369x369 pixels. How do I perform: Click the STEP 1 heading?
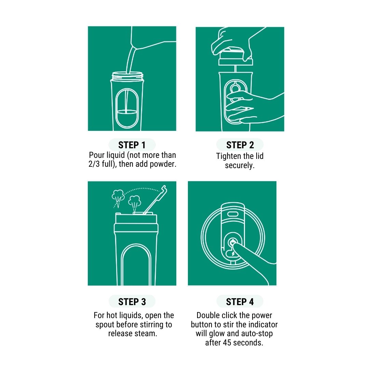click(x=132, y=145)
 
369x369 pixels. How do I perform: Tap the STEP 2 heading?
click(x=240, y=145)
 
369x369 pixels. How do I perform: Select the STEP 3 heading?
click(x=132, y=302)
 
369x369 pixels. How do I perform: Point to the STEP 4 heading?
click(x=240, y=302)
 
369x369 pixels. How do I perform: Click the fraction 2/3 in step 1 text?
click(x=94, y=164)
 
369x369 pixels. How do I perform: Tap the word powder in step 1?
click(x=163, y=164)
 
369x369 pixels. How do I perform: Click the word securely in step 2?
click(x=240, y=165)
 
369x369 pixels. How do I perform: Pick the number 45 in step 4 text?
click(x=227, y=343)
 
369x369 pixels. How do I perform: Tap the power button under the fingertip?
click(x=232, y=242)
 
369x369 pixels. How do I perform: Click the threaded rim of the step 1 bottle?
click(x=127, y=76)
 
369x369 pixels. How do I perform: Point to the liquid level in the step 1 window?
click(x=127, y=112)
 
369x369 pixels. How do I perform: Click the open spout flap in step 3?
click(x=156, y=200)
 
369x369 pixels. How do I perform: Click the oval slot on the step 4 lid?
click(x=233, y=214)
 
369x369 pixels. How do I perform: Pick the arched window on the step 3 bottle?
click(x=136, y=264)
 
